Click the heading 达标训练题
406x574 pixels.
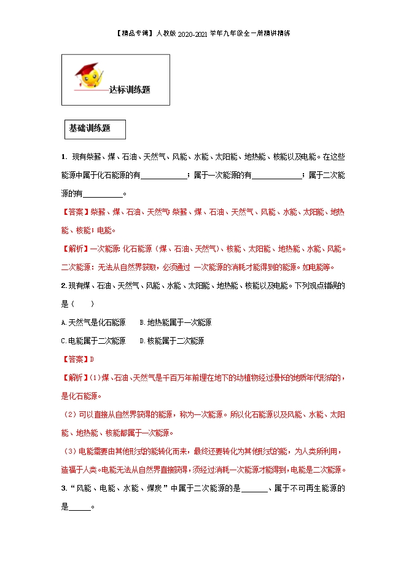[129, 89]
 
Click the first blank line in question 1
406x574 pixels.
[165, 176]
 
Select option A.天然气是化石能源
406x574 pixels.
[93, 322]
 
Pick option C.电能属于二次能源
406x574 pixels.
[93, 341]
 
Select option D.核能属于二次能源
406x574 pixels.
[171, 341]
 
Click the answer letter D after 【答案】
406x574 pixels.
[92, 359]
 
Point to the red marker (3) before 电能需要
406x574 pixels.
[72, 452]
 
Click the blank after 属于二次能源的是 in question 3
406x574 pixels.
[254, 489]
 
